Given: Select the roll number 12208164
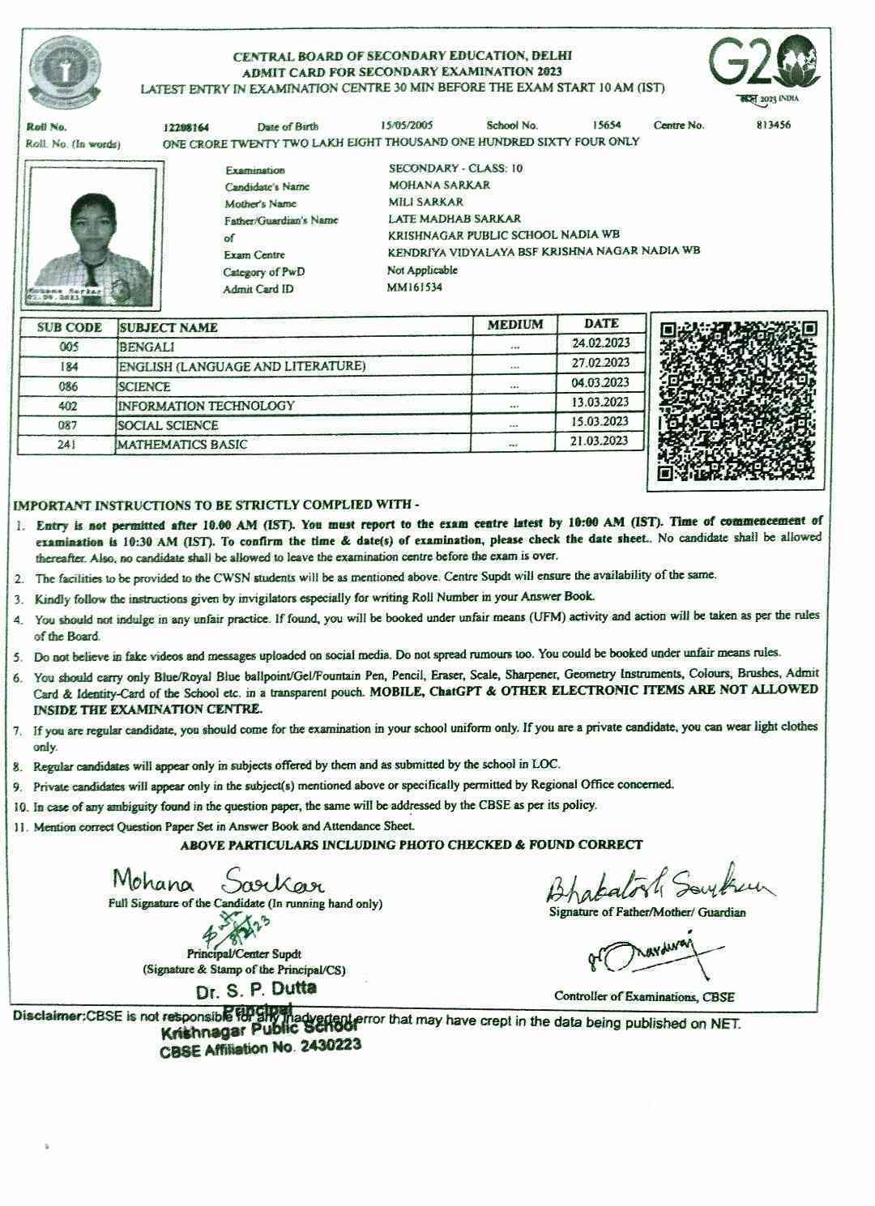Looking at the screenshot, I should click(186, 127).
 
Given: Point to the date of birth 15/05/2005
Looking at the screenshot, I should click(407, 126).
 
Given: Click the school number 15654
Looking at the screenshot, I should click(606, 125).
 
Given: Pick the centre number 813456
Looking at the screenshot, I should click(768, 125).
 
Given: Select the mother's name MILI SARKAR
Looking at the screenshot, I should click(425, 202).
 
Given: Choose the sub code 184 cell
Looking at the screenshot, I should click(68, 367).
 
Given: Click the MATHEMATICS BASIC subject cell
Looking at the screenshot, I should click(294, 445).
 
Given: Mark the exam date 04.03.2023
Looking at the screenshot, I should click(600, 382).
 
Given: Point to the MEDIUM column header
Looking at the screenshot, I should click(514, 325).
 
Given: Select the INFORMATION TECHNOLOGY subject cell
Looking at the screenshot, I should click(294, 406).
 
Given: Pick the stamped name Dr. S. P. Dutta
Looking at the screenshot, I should click(256, 990).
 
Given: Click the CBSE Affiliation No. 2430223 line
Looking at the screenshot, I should click(260, 1048).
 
